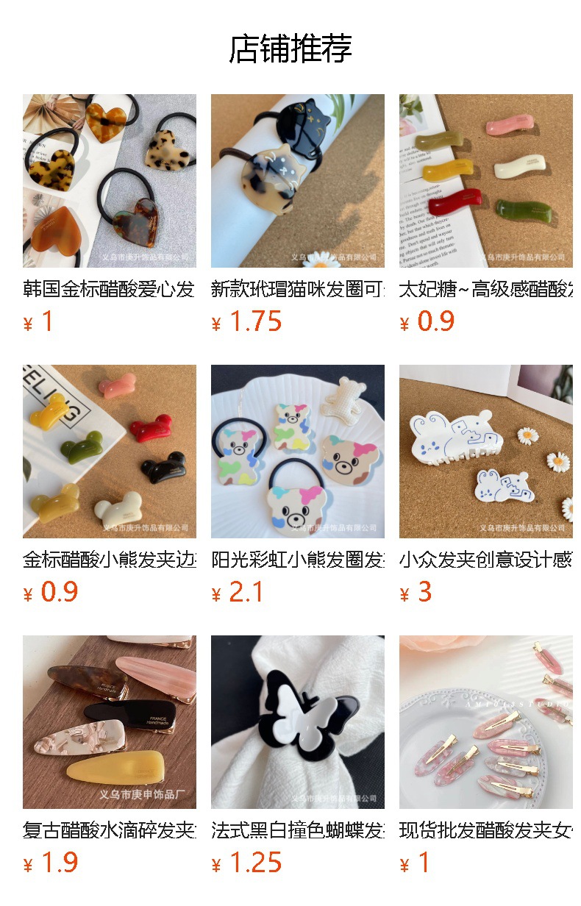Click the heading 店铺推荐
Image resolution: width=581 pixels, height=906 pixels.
(x=290, y=49)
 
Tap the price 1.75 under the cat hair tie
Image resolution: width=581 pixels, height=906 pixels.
(x=255, y=322)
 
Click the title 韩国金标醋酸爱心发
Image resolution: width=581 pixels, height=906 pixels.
(x=109, y=288)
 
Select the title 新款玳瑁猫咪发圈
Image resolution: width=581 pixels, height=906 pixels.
(x=297, y=288)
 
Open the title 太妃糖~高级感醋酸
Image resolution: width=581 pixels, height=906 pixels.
(x=485, y=288)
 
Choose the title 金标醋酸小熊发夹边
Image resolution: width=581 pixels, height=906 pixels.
(x=109, y=560)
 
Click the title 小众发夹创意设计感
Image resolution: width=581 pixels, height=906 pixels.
(x=485, y=560)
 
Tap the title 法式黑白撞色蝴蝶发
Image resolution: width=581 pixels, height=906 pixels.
(x=297, y=831)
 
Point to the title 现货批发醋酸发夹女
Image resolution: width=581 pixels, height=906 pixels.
(x=485, y=831)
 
